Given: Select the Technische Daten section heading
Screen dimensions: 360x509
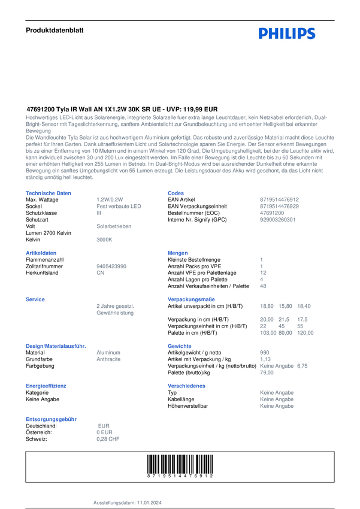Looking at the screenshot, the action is coord(40,193).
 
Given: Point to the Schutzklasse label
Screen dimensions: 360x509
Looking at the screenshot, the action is coord(38,213).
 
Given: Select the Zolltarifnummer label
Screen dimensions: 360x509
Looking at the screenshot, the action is coord(41,266).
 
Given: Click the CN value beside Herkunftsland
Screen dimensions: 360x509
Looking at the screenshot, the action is coord(101,272).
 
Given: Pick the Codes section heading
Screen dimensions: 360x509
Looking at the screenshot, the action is coord(175,193).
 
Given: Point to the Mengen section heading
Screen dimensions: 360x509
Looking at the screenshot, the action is coord(179,253).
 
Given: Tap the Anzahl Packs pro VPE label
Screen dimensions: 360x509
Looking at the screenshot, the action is coord(191,266).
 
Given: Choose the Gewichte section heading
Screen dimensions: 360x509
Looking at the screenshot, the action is coord(180,346).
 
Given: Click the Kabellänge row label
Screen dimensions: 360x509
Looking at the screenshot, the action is coord(182,399).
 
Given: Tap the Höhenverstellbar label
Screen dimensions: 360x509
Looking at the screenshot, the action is coord(188,405).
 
